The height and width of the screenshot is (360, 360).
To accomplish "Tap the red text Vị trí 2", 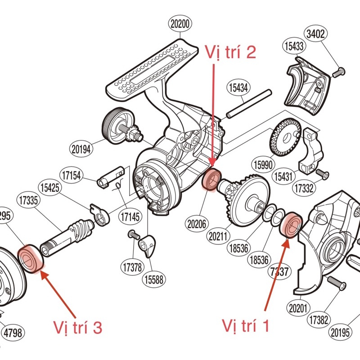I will coord(230,53).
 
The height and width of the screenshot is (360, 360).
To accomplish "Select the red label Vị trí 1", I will coord(246,325).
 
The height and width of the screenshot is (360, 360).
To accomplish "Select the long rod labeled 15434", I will coord(249,104).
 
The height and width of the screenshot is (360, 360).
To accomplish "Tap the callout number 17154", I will coord(72,175).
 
